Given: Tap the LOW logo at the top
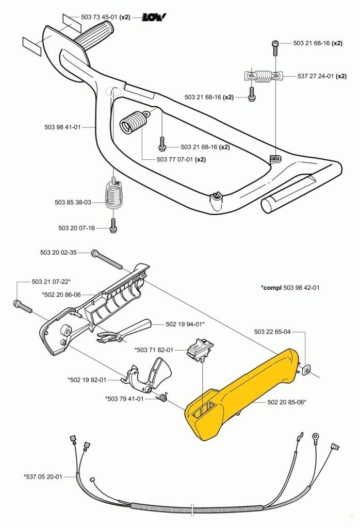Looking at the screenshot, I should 154,17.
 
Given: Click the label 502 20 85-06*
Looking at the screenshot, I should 286,402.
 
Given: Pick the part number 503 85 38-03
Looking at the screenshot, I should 73,202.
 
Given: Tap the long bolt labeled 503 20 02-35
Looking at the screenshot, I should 107,259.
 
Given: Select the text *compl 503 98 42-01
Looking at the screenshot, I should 290,287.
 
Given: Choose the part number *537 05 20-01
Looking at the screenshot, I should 43,476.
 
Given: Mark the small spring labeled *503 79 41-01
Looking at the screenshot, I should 162,398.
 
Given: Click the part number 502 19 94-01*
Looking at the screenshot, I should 185,324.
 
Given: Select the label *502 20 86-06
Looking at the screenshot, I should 61,294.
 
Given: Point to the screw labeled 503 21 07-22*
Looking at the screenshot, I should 23,306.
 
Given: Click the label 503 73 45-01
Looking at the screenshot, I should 100,17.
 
